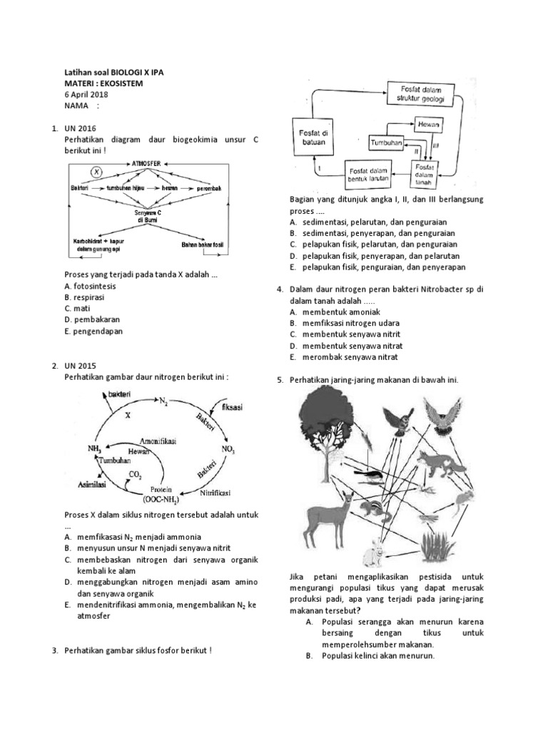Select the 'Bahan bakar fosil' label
[x=202, y=245]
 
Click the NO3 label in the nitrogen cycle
[x=228, y=451]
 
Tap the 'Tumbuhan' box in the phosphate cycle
[x=386, y=143]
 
